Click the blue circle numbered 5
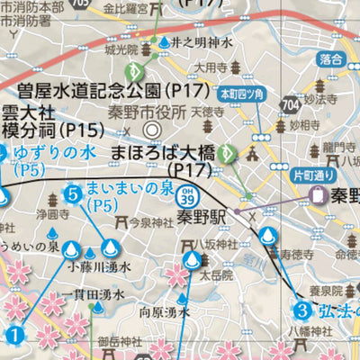pos(72,192)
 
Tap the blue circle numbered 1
pos(13,336)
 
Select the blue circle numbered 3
pos(303,311)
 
